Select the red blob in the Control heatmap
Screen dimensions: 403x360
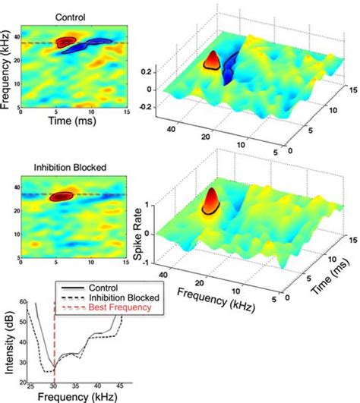click(66, 42)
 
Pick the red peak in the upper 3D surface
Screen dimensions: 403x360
click(213, 61)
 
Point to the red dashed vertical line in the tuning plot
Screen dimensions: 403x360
click(55, 342)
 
